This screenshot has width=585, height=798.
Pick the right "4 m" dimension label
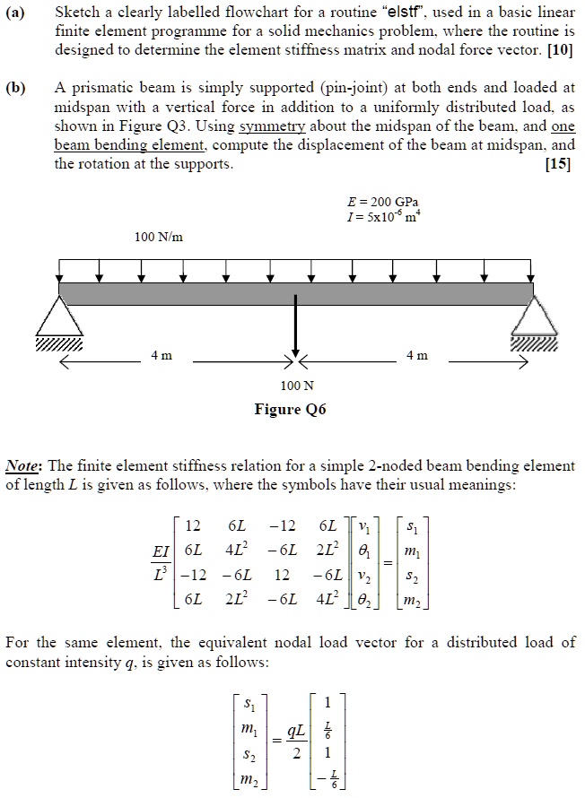click(417, 357)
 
